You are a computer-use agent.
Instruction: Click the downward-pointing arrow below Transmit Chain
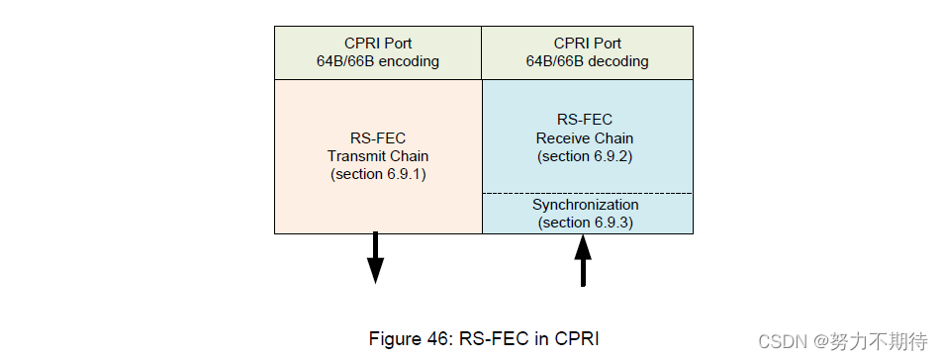[375, 258]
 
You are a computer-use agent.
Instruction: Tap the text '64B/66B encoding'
[378, 61]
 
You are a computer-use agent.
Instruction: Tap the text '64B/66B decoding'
[587, 61]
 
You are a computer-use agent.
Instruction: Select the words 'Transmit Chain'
[378, 156]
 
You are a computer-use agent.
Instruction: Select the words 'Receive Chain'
[586, 138]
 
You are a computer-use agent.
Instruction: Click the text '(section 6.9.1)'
[378, 174]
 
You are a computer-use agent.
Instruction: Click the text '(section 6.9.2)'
[586, 156]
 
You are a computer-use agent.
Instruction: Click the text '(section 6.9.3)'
[586, 223]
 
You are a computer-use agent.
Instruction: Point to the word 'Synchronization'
[586, 205]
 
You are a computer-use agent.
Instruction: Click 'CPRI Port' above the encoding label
[378, 44]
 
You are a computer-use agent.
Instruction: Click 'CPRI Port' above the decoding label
[587, 44]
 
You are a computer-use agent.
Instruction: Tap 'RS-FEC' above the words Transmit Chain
[378, 138]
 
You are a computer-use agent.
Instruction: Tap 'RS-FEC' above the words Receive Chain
[586, 121]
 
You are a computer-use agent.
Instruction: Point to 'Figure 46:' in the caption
[406, 338]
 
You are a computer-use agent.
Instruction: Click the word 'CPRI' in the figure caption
[576, 338]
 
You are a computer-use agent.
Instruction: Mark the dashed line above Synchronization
[587, 193]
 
